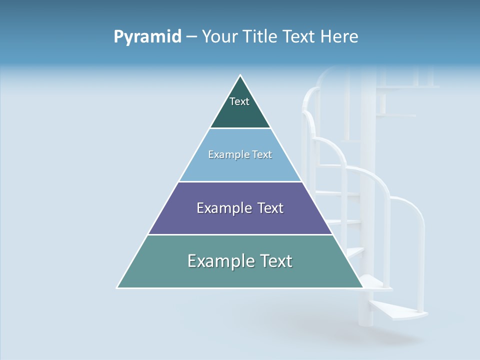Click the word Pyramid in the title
click(x=147, y=37)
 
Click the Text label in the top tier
click(x=239, y=101)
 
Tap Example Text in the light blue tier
click(x=240, y=154)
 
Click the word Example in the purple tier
click(x=222, y=208)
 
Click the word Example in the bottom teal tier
click(x=218, y=261)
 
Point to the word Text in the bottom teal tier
click(x=275, y=261)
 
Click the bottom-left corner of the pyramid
click(x=117, y=288)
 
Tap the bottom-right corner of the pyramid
click(x=363, y=288)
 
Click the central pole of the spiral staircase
click(x=367, y=150)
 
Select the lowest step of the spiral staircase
click(x=400, y=310)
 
